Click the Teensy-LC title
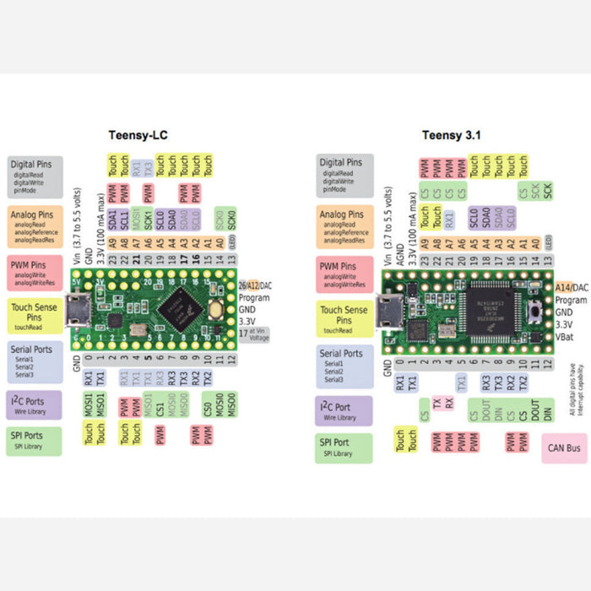point(141,135)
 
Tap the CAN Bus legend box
point(564,448)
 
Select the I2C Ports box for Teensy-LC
point(35,405)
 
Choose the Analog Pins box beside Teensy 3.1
point(344,224)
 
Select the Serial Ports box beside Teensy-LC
point(35,361)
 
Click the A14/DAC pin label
point(572,288)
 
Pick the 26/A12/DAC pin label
point(257,285)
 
